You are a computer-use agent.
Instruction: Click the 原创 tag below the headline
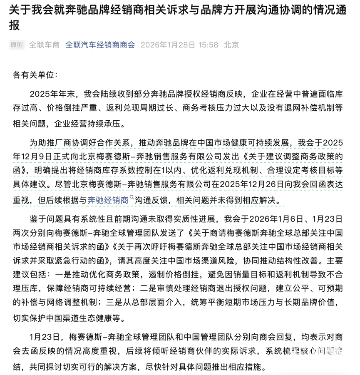pyautogui.click(x=17, y=45)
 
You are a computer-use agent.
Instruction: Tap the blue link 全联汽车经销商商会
pyautogui.click(x=100, y=45)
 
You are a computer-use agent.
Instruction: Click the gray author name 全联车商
pyautogui.click(x=45, y=45)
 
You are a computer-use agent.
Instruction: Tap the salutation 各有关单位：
pyautogui.click(x=36, y=75)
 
